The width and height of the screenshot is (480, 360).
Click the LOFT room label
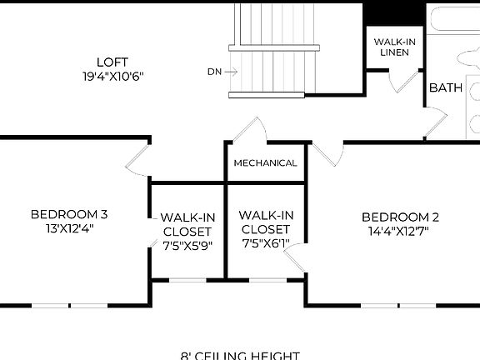point(113,62)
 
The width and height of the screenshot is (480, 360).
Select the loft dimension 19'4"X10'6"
point(113,76)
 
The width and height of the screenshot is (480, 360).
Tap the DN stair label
point(214,72)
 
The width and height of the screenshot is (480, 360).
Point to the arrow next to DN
point(231,72)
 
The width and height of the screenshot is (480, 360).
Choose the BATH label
point(446,87)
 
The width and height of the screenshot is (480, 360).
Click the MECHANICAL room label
point(265,162)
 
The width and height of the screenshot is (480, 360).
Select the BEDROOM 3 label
point(69,214)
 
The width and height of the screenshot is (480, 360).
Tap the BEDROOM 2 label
point(401,217)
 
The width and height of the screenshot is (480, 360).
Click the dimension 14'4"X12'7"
point(401,231)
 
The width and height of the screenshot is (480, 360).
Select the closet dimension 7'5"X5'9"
point(187,246)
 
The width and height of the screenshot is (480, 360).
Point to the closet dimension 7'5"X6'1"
point(265,243)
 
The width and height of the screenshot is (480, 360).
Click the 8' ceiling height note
point(240,355)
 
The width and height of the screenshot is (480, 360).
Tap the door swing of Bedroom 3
point(137,158)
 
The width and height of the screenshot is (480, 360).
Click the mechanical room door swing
point(250,129)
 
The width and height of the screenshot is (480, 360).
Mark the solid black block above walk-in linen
point(394,13)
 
